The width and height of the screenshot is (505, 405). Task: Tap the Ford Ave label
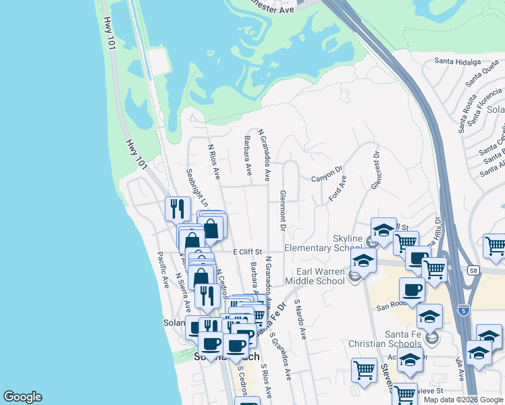[x=338, y=188]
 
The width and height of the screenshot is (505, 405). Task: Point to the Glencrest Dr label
[x=375, y=171]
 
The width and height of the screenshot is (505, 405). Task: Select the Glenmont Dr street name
[x=283, y=213]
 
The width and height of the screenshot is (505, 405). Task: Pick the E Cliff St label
[x=246, y=252]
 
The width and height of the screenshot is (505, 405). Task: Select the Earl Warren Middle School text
[x=315, y=275]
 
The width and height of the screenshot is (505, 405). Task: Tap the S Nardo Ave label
[x=300, y=321]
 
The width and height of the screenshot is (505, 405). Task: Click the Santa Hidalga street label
[x=457, y=61]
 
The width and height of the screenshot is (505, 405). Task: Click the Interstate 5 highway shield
[x=462, y=309]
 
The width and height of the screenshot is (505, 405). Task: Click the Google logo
[x=22, y=397]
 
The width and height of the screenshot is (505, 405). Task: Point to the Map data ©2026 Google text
[x=463, y=400]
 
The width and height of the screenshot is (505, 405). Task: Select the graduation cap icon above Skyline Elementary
[x=383, y=230]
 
